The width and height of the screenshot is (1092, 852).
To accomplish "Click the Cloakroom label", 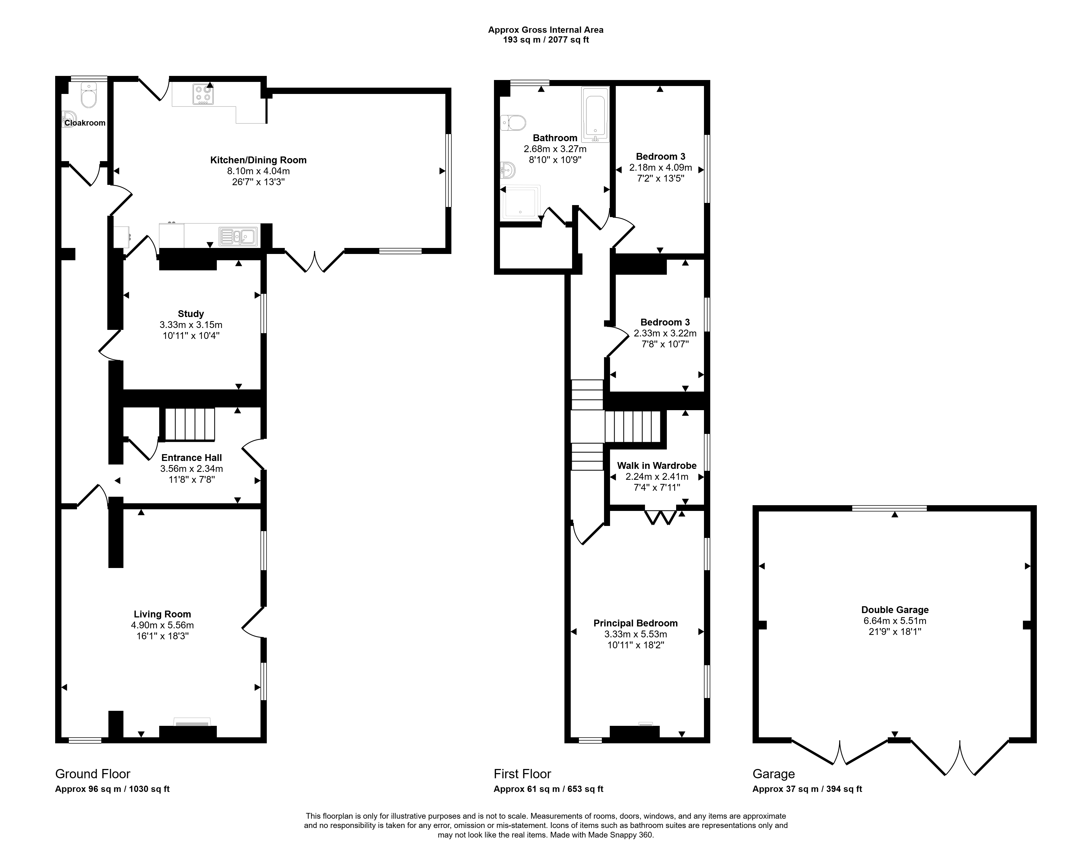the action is tap(85, 123).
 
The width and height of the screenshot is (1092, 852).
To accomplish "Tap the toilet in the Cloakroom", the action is tap(88, 96).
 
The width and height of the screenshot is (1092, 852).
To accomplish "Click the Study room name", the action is tap(191, 314).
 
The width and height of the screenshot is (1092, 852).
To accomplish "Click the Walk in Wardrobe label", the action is tap(657, 466).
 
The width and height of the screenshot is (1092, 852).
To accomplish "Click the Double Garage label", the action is tap(895, 610).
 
